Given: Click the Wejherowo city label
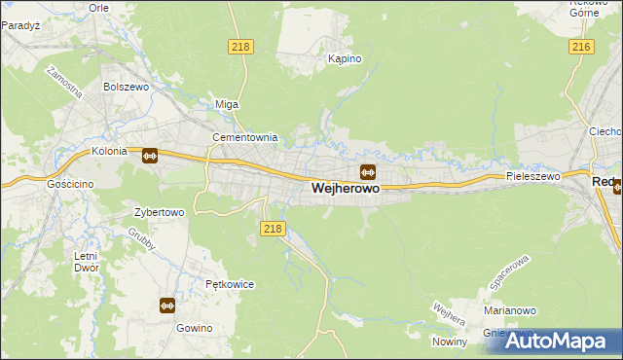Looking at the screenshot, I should [x=346, y=191].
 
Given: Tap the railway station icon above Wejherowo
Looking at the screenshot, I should [x=368, y=172].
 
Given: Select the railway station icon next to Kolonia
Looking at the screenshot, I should [x=150, y=155].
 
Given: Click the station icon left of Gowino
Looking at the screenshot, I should [x=166, y=306].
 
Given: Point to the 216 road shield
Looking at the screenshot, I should [x=582, y=47].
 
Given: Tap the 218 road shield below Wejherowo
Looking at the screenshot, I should [x=273, y=228].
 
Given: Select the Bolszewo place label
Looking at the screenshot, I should [x=125, y=87].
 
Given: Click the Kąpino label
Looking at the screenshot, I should [x=345, y=58].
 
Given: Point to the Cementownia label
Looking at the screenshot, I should [x=245, y=137].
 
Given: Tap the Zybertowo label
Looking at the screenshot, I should [x=159, y=211].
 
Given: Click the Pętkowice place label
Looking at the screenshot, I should [x=230, y=285].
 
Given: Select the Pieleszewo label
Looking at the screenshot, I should [x=532, y=176].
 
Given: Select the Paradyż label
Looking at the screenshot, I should [x=18, y=26].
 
